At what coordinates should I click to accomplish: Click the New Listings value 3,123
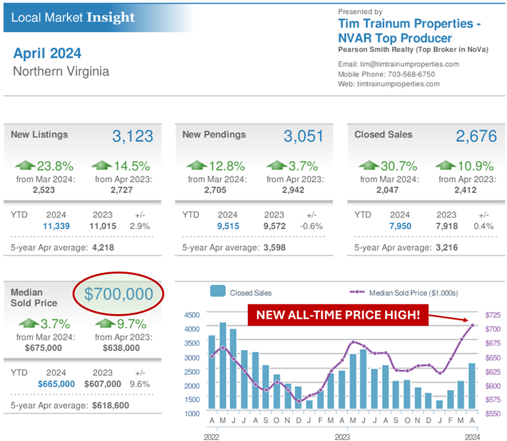pos(132,136)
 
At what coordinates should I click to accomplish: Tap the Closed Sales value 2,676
pos(477,136)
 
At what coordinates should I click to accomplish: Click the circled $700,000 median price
pos(119,294)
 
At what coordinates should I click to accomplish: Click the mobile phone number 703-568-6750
pos(411,74)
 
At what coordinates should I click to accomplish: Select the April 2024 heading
pos(47,53)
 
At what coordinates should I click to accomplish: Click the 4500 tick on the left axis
pos(191,315)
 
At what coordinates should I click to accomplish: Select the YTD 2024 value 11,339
pos(56,225)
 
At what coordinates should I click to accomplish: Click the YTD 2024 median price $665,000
pos(56,384)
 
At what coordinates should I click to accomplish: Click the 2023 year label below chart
pos(342,437)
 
